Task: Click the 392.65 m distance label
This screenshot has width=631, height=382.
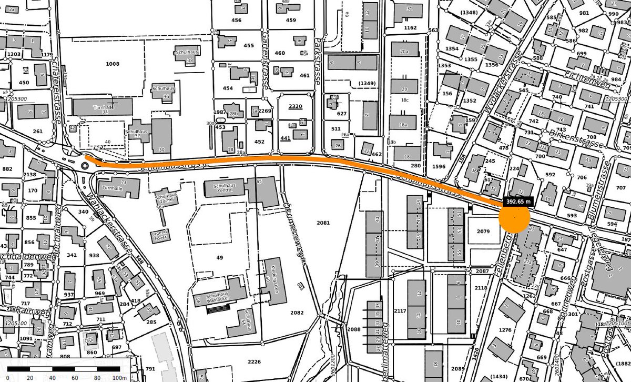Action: tap(518, 201)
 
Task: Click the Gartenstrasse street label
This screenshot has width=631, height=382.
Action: tap(264, 57)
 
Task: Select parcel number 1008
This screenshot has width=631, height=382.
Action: tap(112, 64)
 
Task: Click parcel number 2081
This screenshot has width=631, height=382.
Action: tap(323, 223)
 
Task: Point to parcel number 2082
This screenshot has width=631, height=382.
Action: tap(297, 313)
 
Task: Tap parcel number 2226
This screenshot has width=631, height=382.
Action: tap(254, 361)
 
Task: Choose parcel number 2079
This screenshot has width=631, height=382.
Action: tap(483, 231)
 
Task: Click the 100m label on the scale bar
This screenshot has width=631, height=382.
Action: tap(119, 378)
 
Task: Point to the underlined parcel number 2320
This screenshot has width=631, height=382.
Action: tap(296, 106)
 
